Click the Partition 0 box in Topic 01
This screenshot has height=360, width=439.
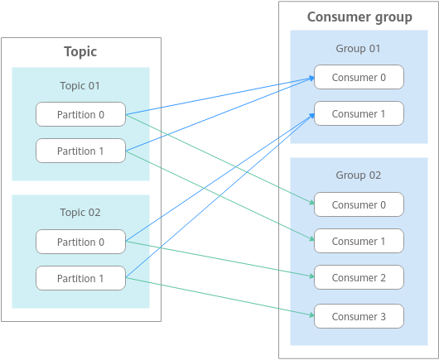(x=80, y=114)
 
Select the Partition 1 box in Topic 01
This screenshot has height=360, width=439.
(x=80, y=151)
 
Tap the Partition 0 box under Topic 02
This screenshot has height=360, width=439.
(x=80, y=242)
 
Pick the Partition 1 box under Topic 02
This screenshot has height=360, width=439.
(x=80, y=278)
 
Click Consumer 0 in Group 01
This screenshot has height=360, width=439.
(x=359, y=77)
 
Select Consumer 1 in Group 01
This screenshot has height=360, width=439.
(x=359, y=113)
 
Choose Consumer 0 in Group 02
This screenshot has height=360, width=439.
(x=359, y=204)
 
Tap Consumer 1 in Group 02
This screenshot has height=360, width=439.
(x=359, y=241)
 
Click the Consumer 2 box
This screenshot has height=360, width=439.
(x=359, y=277)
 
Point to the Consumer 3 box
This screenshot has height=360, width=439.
(x=359, y=316)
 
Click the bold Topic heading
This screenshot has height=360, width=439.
(x=80, y=52)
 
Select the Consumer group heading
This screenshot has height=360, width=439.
(x=359, y=17)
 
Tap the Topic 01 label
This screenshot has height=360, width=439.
(x=80, y=85)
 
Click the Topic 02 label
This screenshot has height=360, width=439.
(x=80, y=213)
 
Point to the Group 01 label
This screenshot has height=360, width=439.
(x=358, y=48)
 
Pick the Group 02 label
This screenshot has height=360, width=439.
(x=359, y=175)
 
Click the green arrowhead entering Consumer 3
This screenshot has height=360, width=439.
(x=311, y=315)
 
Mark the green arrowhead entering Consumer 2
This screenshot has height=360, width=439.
(x=311, y=276)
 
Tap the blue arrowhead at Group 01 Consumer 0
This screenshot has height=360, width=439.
(x=311, y=79)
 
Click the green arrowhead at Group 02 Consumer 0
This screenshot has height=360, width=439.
(x=312, y=202)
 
